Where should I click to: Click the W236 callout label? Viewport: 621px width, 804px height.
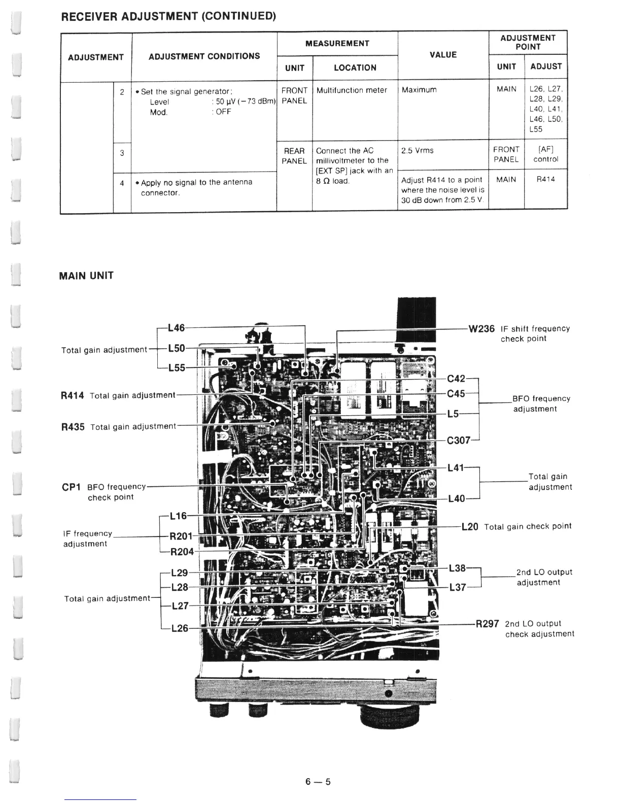pyautogui.click(x=481, y=329)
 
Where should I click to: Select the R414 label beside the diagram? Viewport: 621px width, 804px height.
pyautogui.click(x=72, y=395)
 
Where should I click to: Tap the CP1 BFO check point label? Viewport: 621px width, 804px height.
pyautogui.click(x=71, y=487)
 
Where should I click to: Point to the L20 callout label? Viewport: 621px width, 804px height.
pyautogui.click(x=470, y=527)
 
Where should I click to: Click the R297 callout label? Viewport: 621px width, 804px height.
pyautogui.click(x=487, y=624)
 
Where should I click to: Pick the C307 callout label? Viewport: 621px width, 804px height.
pyautogui.click(x=459, y=441)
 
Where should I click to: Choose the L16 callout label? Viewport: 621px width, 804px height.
pyautogui.click(x=178, y=516)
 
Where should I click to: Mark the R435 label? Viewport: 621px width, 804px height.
pyautogui.click(x=73, y=427)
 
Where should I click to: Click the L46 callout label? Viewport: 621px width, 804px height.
pyautogui.click(x=176, y=328)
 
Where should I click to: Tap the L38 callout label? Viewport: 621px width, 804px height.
pyautogui.click(x=457, y=568)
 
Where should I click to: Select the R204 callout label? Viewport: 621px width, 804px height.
pyautogui.click(x=181, y=551)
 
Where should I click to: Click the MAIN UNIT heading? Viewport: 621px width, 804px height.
pyautogui.click(x=86, y=276)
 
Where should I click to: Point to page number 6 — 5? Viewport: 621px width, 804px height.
pyautogui.click(x=318, y=782)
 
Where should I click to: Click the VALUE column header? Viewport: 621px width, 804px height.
pyautogui.click(x=443, y=55)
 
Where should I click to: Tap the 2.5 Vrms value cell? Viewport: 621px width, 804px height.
pyautogui.click(x=417, y=151)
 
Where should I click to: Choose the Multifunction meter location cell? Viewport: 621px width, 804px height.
pyautogui.click(x=352, y=90)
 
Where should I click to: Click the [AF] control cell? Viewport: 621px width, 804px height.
pyautogui.click(x=545, y=154)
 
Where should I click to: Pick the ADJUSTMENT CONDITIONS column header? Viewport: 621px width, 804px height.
pyautogui.click(x=204, y=56)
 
